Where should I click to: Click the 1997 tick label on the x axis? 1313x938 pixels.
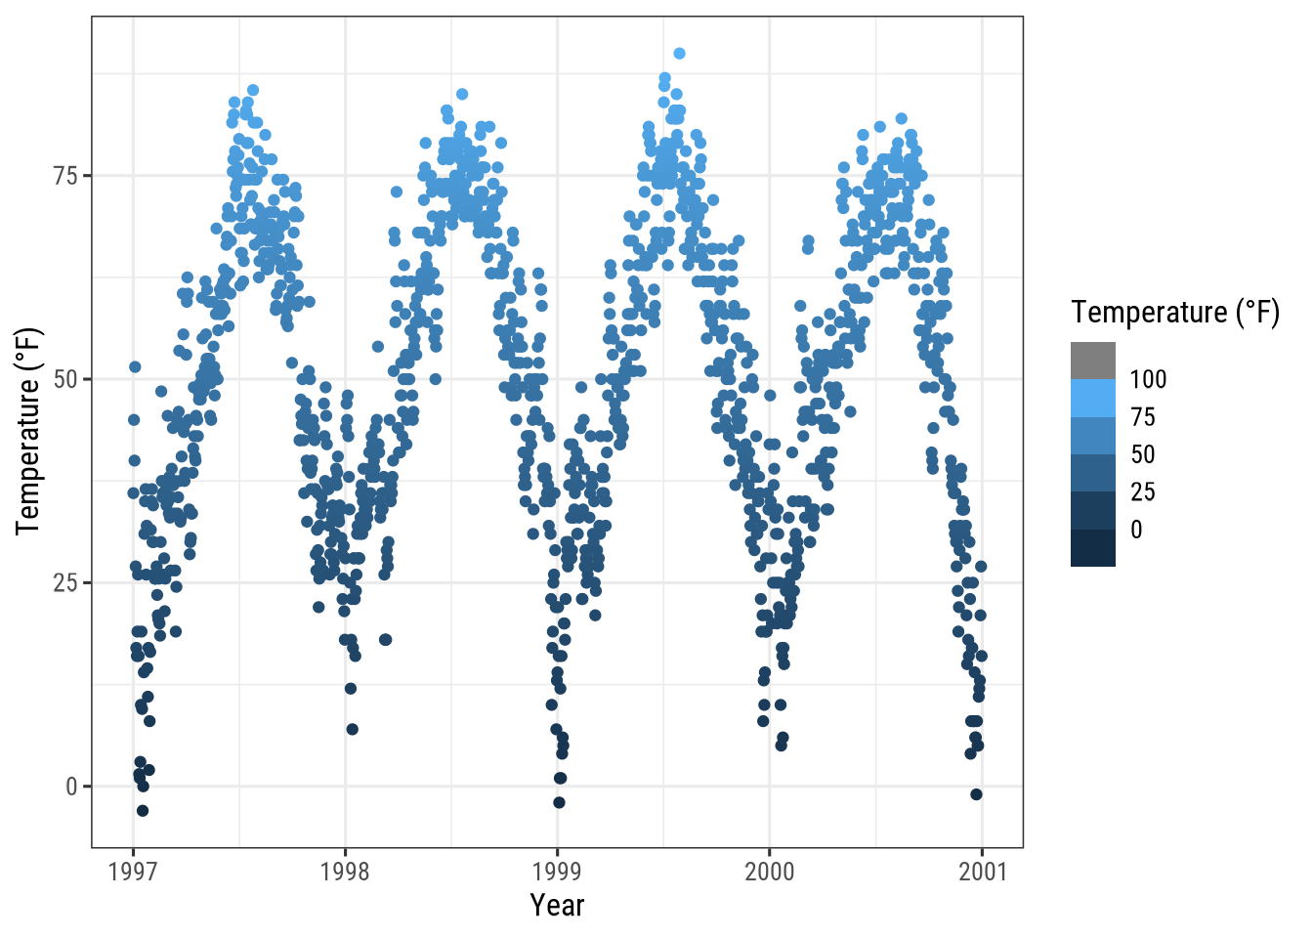pyautogui.click(x=133, y=872)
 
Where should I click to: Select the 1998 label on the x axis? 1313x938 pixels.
pyautogui.click(x=345, y=872)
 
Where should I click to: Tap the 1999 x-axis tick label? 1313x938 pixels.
pyautogui.click(x=557, y=872)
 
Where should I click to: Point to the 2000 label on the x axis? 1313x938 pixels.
pyautogui.click(x=770, y=872)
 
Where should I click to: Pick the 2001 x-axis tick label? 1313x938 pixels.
pyautogui.click(x=982, y=872)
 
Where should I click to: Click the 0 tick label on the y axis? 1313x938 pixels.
pyautogui.click(x=71, y=787)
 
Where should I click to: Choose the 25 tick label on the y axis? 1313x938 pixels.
pyautogui.click(x=66, y=583)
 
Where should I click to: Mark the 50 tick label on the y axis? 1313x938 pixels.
pyautogui.click(x=66, y=379)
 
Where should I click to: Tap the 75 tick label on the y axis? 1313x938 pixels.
pyautogui.click(x=66, y=176)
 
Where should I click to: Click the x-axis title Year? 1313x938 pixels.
pyautogui.click(x=557, y=906)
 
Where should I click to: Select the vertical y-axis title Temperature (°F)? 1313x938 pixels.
pyautogui.click(x=28, y=431)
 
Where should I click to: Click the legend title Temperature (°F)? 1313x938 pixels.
pyautogui.click(x=1174, y=313)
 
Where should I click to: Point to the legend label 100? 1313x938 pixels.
pyautogui.click(x=1148, y=379)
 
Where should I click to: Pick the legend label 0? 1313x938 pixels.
pyautogui.click(x=1136, y=530)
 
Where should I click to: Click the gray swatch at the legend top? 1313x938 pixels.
pyautogui.click(x=1092, y=361)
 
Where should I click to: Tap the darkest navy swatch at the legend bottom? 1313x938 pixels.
pyautogui.click(x=1092, y=548)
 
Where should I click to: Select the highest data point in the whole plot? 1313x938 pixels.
pyautogui.click(x=679, y=54)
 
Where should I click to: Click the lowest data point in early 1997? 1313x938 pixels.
pyautogui.click(x=143, y=810)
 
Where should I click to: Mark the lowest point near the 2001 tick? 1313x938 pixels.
pyautogui.click(x=976, y=794)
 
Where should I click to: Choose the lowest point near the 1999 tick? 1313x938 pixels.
pyautogui.click(x=559, y=802)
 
